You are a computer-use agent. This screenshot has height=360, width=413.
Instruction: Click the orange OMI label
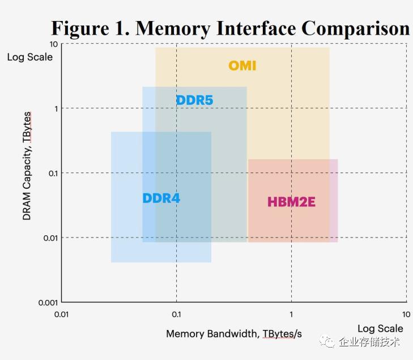click(242, 66)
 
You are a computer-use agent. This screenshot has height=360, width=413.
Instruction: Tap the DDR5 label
click(194, 100)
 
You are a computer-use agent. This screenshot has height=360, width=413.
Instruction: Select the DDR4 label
click(161, 198)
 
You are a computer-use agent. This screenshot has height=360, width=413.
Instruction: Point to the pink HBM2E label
click(291, 202)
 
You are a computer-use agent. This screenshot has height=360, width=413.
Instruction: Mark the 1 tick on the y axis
click(56, 108)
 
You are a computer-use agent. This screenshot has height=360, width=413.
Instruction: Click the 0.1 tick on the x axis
click(176, 314)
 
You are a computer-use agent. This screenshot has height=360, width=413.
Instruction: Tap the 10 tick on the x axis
click(406, 314)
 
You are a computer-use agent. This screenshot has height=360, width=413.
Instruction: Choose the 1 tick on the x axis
click(291, 314)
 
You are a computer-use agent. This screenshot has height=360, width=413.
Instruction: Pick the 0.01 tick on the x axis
click(61, 314)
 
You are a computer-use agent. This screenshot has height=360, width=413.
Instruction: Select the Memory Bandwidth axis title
click(233, 333)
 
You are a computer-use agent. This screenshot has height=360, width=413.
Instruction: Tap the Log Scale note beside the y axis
click(29, 57)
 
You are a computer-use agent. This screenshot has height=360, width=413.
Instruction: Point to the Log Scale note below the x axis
click(380, 328)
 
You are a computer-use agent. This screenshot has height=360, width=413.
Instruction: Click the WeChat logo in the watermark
click(327, 341)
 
